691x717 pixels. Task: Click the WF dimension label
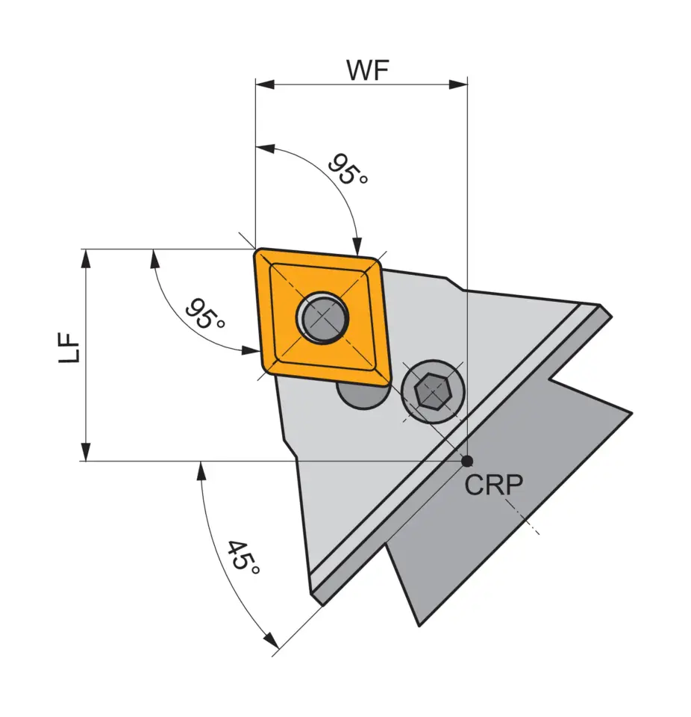(368, 69)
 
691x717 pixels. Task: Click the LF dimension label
(70, 349)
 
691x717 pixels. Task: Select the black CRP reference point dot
(467, 461)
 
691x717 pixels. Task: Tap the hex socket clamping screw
(432, 391)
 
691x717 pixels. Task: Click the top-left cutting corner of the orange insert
(257, 251)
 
